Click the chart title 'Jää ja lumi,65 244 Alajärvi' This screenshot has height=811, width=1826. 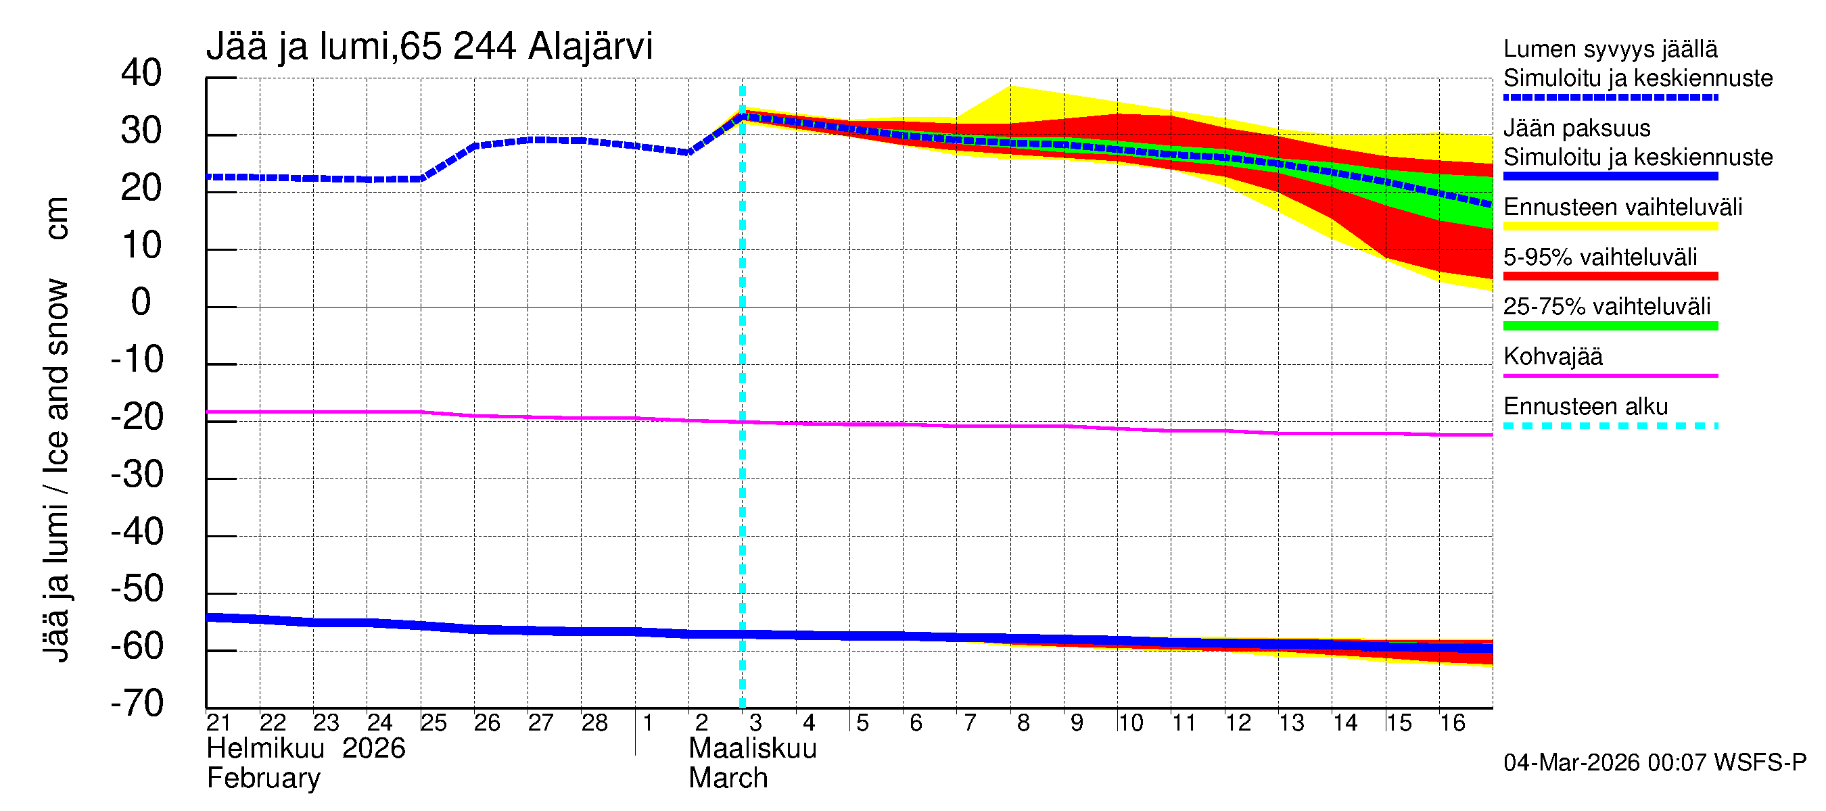point(429,47)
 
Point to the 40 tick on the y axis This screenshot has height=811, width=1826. point(142,74)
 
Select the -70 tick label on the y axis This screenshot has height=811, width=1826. point(137,704)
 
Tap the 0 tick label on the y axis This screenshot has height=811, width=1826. point(142,303)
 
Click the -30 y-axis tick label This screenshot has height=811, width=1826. point(137,474)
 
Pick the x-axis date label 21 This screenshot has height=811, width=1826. point(218,722)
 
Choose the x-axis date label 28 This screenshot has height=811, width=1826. point(594,722)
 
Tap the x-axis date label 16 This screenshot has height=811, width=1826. point(1453,722)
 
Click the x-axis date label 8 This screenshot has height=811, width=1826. point(1023,722)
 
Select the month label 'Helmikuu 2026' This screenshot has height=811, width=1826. point(306,749)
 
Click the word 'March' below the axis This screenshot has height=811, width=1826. point(728,779)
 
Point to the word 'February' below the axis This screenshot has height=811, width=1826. point(263,779)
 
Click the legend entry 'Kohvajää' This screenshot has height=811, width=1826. point(1552,356)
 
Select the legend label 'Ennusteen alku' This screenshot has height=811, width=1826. point(1585,407)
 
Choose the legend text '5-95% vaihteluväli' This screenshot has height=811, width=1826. point(1600,257)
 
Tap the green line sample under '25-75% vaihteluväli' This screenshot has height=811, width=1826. point(1610,326)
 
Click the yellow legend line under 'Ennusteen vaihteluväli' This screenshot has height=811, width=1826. point(1610,226)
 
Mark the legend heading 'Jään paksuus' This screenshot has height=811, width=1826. point(1576,128)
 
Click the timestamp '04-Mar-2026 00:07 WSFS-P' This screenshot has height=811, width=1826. point(1654,762)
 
